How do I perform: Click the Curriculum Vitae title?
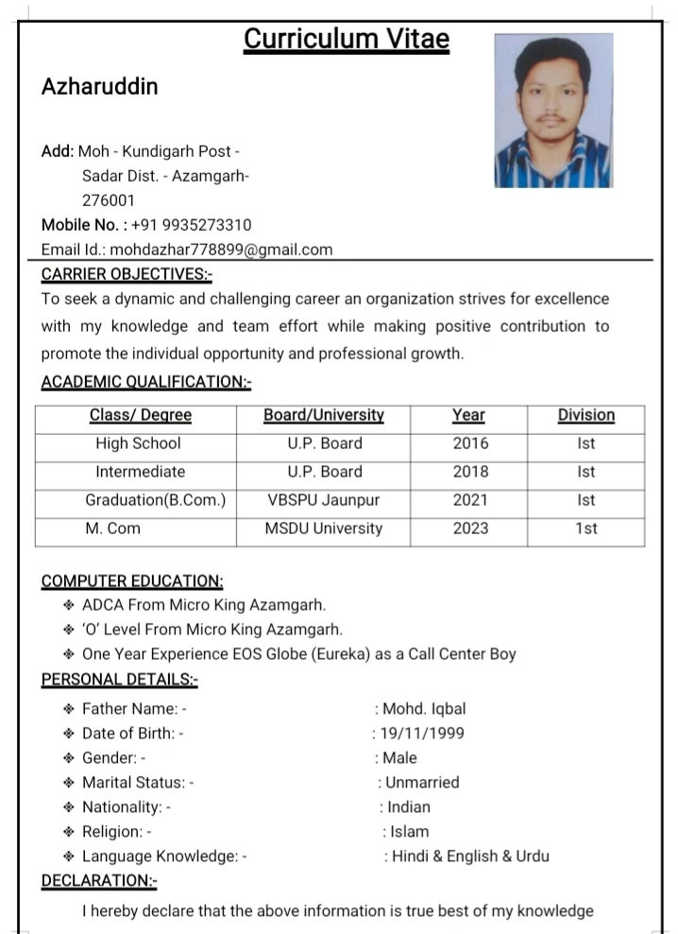[347, 40]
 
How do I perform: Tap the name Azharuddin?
[99, 87]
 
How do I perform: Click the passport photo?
[553, 111]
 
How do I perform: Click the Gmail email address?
[221, 250]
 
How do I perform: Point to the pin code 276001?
[109, 200]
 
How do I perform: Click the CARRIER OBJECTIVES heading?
[127, 274]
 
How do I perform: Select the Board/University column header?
[324, 415]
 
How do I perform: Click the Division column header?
[585, 415]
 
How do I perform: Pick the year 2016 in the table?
[470, 443]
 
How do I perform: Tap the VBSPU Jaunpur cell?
[324, 500]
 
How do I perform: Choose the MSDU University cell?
[324, 528]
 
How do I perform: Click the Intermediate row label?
[140, 472]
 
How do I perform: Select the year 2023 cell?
[470, 528]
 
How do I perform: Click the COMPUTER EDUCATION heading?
[132, 580]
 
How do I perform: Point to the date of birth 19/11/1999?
[421, 733]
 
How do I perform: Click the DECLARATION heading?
[99, 881]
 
